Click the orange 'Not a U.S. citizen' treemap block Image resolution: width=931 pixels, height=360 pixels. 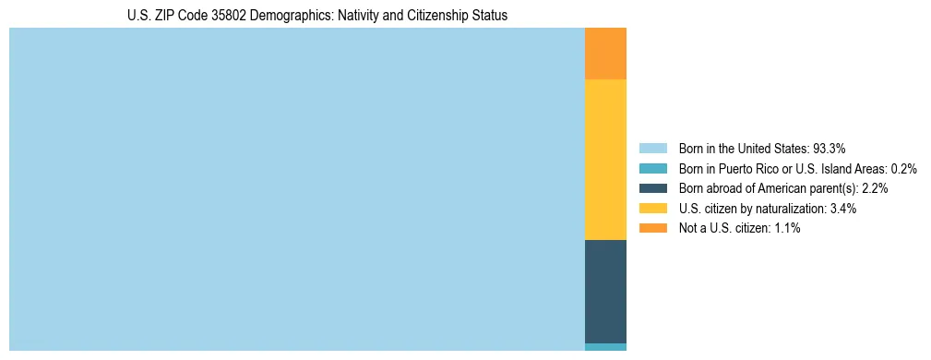point(605,54)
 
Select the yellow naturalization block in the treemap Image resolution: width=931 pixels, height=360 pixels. point(605,160)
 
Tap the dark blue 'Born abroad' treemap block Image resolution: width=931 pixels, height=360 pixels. point(605,291)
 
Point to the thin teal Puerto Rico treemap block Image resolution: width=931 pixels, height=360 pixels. point(605,347)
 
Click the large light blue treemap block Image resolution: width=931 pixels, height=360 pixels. point(296,189)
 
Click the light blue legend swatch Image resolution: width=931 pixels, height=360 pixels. point(652,149)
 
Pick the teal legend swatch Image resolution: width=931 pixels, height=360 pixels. point(652,169)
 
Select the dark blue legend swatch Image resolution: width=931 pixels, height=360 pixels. point(652,188)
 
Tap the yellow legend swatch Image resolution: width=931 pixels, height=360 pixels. point(652,209)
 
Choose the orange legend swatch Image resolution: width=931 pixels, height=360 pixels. point(652,228)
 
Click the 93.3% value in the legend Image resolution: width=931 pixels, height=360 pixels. point(830,149)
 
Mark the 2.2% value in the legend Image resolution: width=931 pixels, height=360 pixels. point(875,188)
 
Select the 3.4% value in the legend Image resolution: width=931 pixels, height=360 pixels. point(842,209)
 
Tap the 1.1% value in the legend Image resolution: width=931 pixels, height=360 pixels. point(786,228)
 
